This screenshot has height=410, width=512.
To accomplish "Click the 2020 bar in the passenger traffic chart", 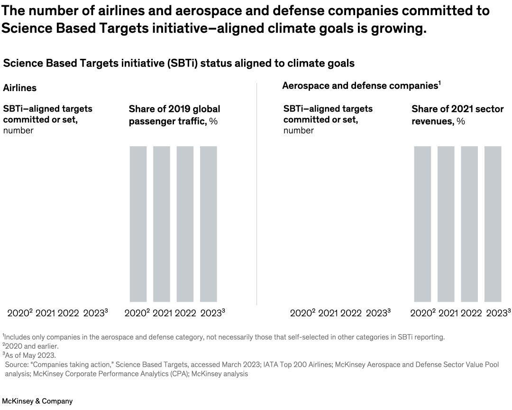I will click(x=138, y=224).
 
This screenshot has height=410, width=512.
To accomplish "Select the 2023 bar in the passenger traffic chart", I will click(x=209, y=224).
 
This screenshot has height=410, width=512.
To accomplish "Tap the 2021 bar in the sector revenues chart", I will click(x=446, y=224).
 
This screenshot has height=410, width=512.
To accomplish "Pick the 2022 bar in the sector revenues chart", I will click(x=469, y=224).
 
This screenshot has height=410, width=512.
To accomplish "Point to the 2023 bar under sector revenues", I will click(x=493, y=224).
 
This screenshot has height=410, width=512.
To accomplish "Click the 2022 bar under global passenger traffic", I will click(x=185, y=224).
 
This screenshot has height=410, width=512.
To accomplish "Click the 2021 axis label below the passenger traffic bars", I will click(x=163, y=313).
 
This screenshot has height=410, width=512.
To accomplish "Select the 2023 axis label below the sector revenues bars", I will click(x=497, y=313).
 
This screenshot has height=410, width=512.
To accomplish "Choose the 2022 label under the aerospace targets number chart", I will click(x=351, y=313).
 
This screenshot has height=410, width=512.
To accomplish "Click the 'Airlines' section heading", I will click(x=20, y=88).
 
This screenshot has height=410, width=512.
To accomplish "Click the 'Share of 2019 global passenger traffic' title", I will click(x=174, y=115).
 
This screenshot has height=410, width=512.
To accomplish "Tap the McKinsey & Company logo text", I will click(x=37, y=401).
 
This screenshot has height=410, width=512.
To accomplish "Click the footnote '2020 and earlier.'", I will click(x=30, y=346).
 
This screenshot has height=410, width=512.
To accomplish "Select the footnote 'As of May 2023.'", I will click(x=29, y=355).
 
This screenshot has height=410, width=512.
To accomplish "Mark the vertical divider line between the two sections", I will click(x=256, y=195).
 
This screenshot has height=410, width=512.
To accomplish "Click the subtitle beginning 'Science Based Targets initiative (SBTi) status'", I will click(x=179, y=63).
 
